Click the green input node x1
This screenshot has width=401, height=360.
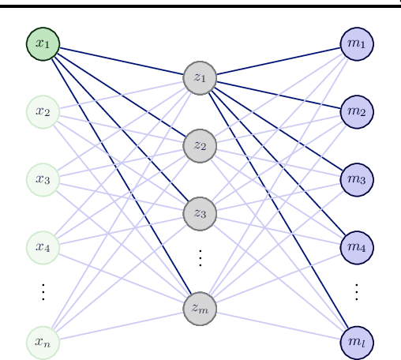43,43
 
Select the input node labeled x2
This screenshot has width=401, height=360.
43,111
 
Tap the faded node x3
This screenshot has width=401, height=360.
43,179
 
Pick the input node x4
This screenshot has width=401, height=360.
43,247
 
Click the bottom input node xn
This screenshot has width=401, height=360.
43,342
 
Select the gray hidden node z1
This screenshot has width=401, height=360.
200,77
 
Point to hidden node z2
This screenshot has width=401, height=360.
200,145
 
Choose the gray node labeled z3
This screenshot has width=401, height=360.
200,213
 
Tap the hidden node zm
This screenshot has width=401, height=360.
200,308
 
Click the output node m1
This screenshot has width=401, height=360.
356,43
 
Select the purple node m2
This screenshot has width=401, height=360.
356,111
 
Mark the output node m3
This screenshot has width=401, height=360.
356,179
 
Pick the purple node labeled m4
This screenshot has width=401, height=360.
356,247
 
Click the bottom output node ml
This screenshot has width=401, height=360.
356,342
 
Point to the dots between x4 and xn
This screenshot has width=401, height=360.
43,292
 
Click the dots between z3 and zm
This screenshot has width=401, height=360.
200,258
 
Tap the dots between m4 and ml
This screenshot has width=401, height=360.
356,292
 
